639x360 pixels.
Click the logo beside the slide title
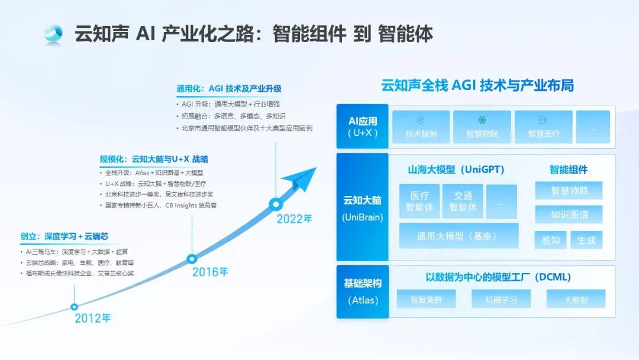pyautogui.click(x=53, y=34)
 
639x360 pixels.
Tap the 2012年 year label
pyautogui.click(x=92, y=318)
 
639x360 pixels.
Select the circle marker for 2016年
pyautogui.click(x=192, y=259)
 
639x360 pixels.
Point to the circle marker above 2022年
pyautogui.click(x=276, y=204)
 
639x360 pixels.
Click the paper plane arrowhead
pyautogui.click(x=299, y=178)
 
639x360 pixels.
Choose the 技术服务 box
pyautogui.click(x=421, y=127)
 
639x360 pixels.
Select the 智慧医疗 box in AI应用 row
pyautogui.click(x=544, y=127)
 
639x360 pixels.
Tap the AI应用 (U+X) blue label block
pyautogui.click(x=362, y=126)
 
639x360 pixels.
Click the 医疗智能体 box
pyautogui.click(x=419, y=201)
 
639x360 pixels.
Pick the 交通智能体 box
pyautogui.click(x=463, y=201)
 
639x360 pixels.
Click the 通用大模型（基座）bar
pyautogui.click(x=459, y=236)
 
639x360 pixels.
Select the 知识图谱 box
pyautogui.click(x=569, y=214)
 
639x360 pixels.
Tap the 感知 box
pyautogui.click(x=551, y=240)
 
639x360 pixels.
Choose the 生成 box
pyautogui.click(x=586, y=240)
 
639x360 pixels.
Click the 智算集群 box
pyautogui.click(x=426, y=300)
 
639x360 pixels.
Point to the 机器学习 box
pyautogui.click(x=501, y=300)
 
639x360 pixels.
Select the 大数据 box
pyautogui.click(x=576, y=300)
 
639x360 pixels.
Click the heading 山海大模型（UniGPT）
pyautogui.click(x=456, y=169)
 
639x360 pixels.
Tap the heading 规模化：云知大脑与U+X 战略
pyautogui.click(x=154, y=159)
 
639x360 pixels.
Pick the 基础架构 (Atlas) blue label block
pyautogui.click(x=362, y=292)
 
